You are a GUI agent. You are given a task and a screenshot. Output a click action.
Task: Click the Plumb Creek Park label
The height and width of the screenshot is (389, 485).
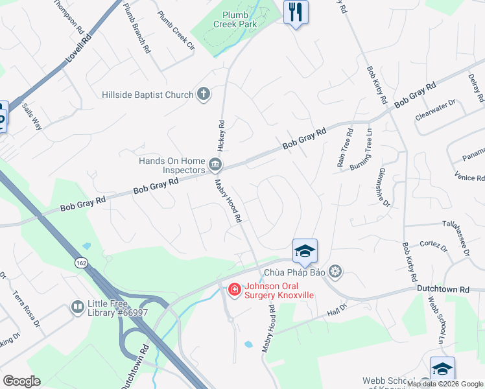pos(230,19)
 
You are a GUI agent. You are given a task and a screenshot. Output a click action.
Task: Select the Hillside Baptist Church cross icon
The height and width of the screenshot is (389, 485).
pos(203,95)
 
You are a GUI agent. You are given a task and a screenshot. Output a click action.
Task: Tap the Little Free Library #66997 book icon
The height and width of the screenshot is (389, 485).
pos(77,306)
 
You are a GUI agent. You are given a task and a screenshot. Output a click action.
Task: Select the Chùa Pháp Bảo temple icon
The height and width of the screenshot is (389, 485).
pos(335,271)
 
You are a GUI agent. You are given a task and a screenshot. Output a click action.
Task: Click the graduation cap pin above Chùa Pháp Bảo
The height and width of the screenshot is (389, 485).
pos(305,250)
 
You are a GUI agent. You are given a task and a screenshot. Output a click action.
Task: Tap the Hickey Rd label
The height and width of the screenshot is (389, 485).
pos(220,132)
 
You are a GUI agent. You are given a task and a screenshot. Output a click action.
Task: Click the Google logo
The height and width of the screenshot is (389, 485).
pos(21,381)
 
